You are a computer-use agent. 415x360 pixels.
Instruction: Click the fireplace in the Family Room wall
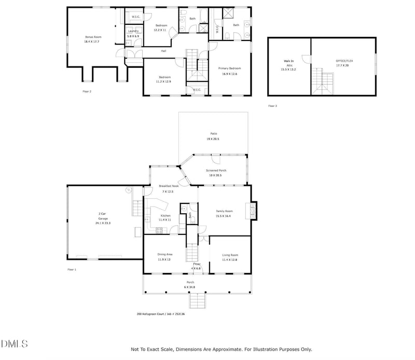tap(253, 209)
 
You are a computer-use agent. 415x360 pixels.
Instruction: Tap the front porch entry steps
tap(198, 301)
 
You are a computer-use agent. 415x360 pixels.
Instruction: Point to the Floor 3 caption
tap(272, 106)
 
